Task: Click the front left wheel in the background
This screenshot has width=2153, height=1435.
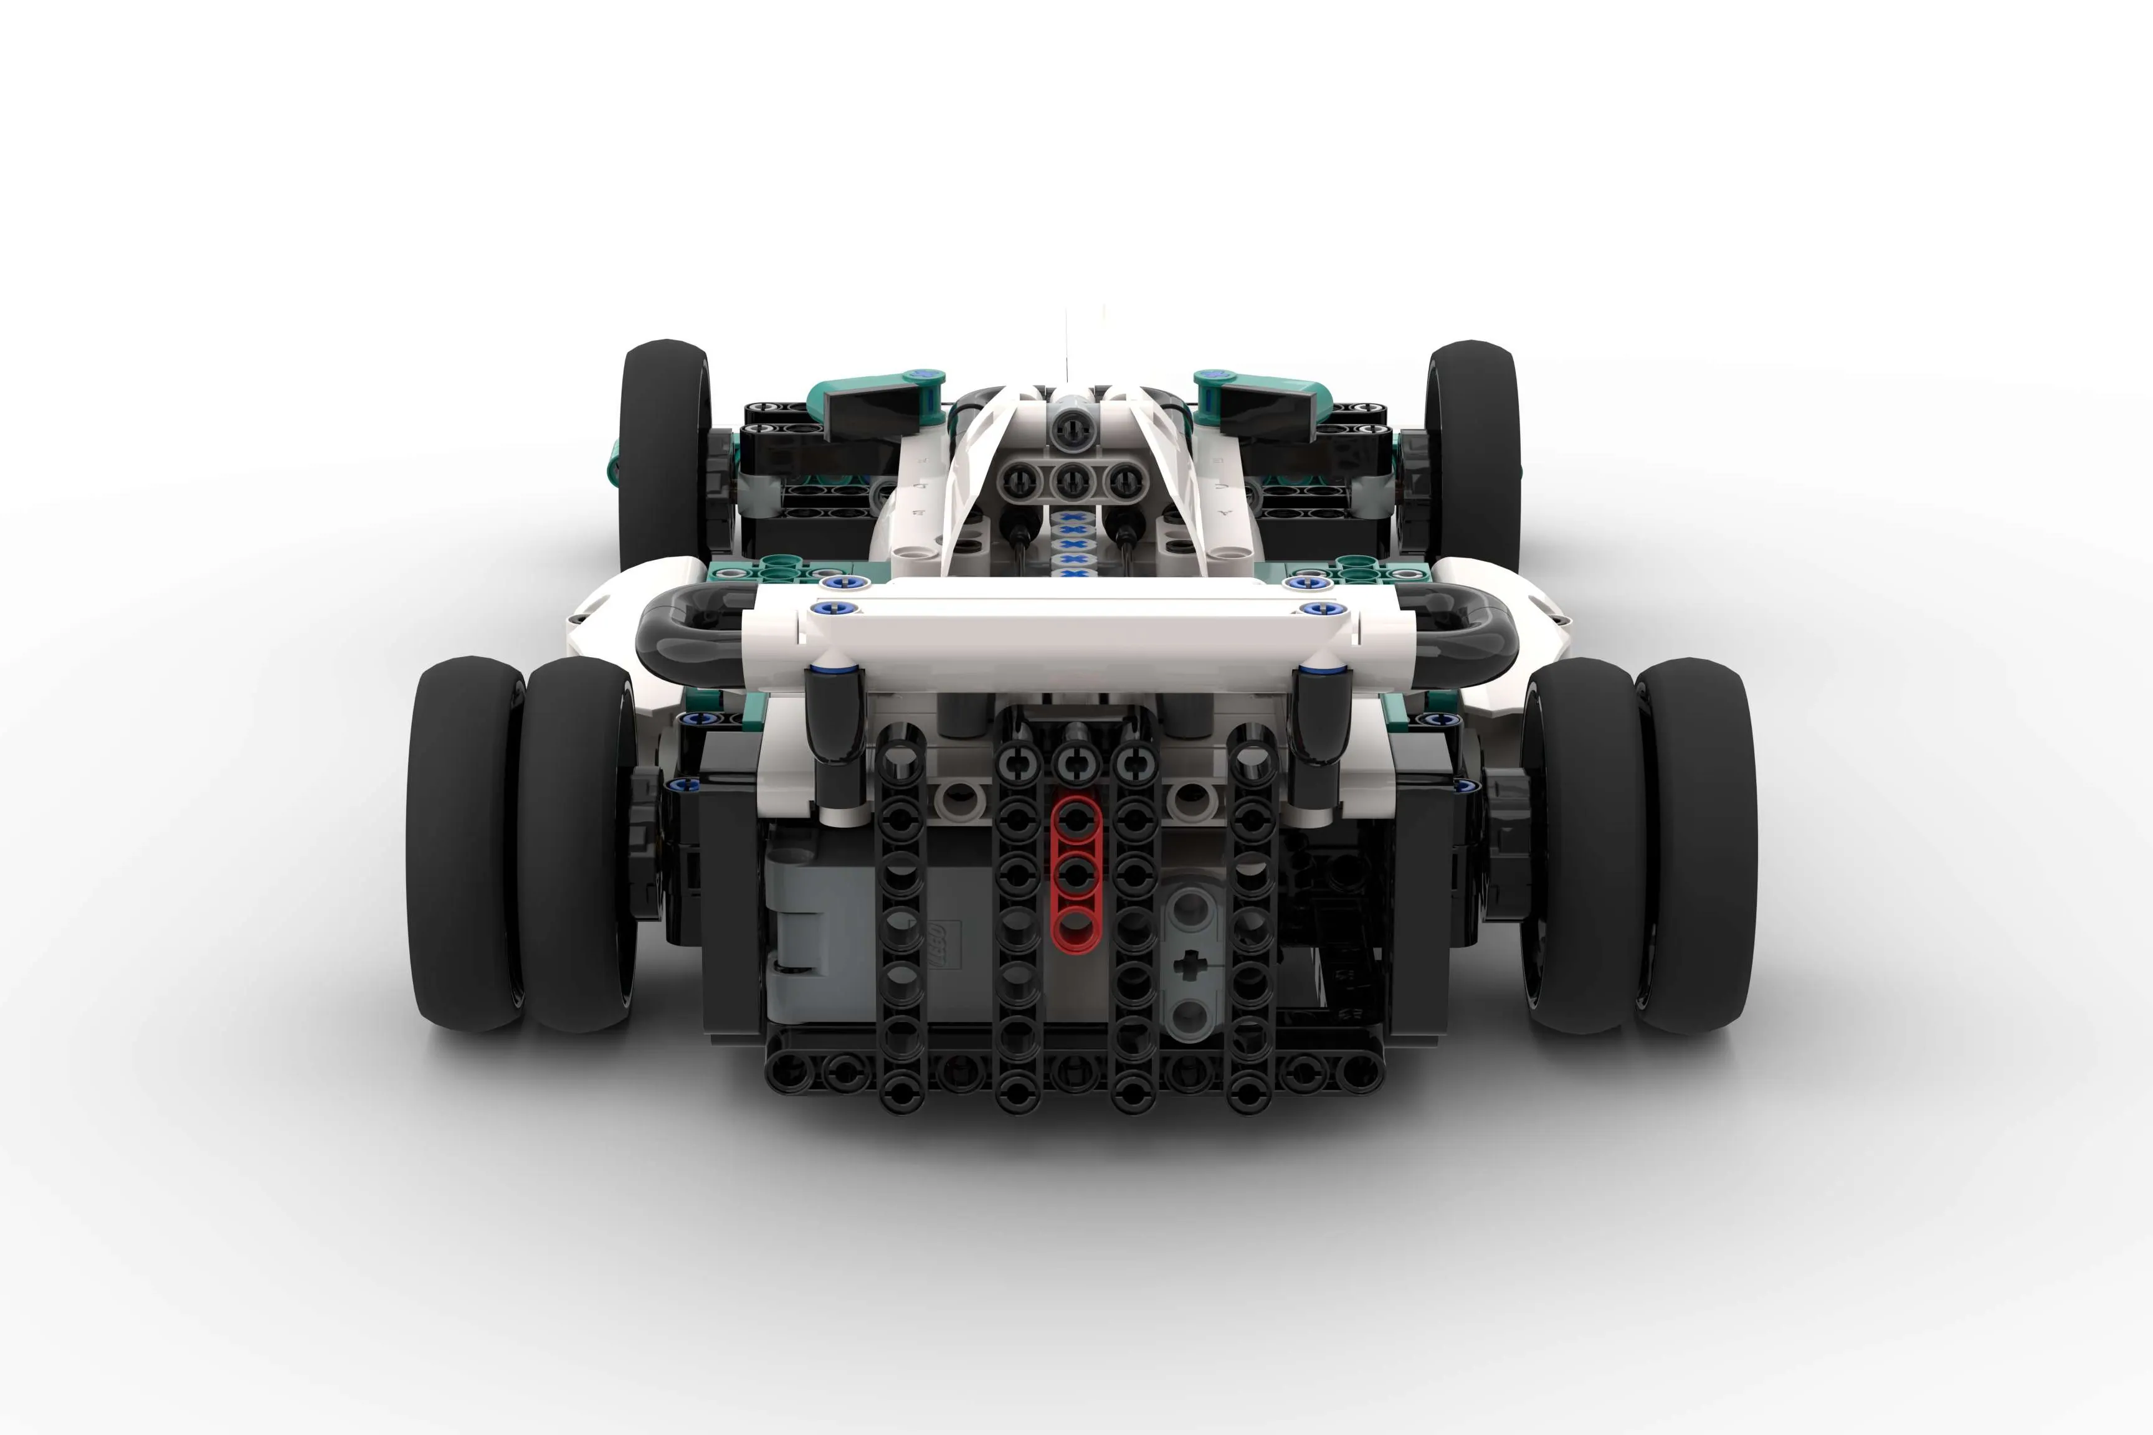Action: [663, 453]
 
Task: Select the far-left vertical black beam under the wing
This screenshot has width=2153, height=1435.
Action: [901, 915]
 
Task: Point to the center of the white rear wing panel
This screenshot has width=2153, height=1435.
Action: [1076, 632]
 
